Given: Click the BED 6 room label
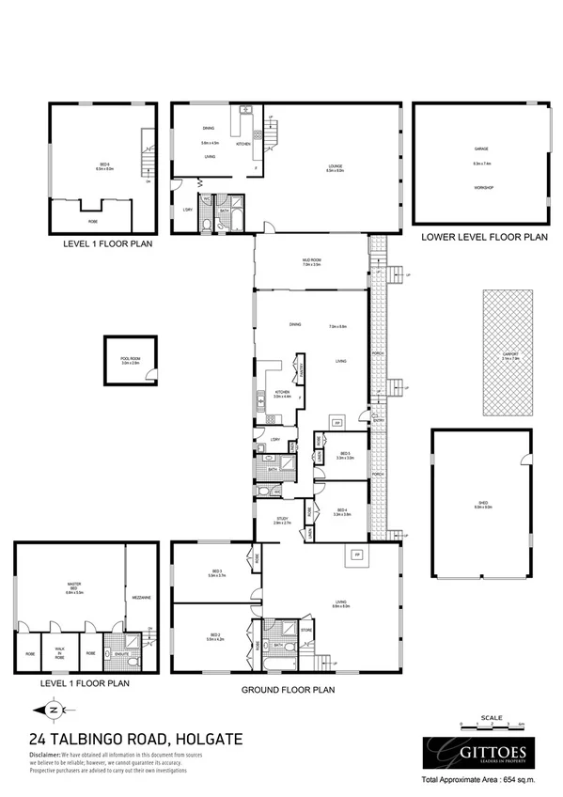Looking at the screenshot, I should pos(102,165).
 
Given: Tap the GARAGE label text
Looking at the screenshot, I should pos(481,149).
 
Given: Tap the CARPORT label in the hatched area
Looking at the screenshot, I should pos(509,353).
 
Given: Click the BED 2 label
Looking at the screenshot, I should pos(215,636).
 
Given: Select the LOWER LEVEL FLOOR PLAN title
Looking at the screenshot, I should pos(483,238).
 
